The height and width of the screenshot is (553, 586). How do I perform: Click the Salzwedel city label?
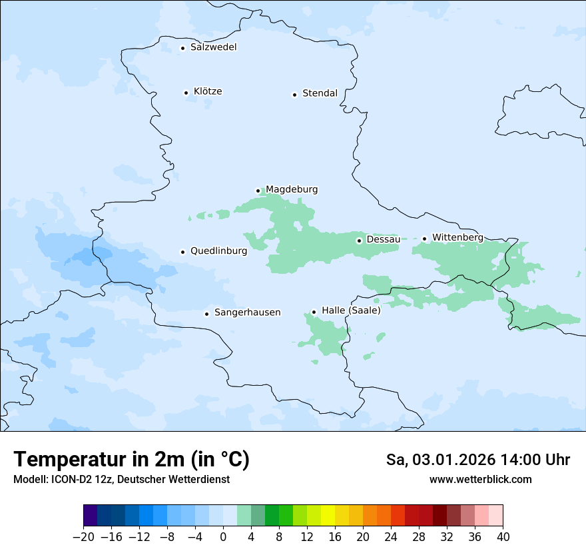213,47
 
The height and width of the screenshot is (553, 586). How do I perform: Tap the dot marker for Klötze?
186,93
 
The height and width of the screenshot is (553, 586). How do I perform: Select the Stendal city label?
320,93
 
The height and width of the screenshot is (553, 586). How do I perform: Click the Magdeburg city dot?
258,191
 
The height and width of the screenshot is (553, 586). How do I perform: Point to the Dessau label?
383,239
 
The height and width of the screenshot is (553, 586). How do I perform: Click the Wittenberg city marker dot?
424,239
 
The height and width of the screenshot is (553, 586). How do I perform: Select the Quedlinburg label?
218,251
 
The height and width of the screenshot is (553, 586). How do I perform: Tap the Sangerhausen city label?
247,312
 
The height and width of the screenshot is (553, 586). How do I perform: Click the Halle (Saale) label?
351,310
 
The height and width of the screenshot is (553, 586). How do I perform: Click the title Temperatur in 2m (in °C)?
131,459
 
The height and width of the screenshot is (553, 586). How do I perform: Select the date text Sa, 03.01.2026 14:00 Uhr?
477,460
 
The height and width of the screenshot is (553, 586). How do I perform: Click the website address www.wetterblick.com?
480,479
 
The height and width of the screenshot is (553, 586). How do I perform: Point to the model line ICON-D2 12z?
121,479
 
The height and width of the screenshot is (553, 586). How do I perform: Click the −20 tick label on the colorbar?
83,536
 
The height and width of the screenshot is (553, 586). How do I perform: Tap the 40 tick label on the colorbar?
503,536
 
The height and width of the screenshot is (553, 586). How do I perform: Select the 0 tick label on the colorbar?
223,536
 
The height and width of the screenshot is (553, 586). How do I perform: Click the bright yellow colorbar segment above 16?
328,516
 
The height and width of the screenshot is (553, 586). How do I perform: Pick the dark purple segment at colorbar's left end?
91,516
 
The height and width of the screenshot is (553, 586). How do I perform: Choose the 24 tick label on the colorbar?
391,536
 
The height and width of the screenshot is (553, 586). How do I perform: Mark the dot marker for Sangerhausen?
207,314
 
